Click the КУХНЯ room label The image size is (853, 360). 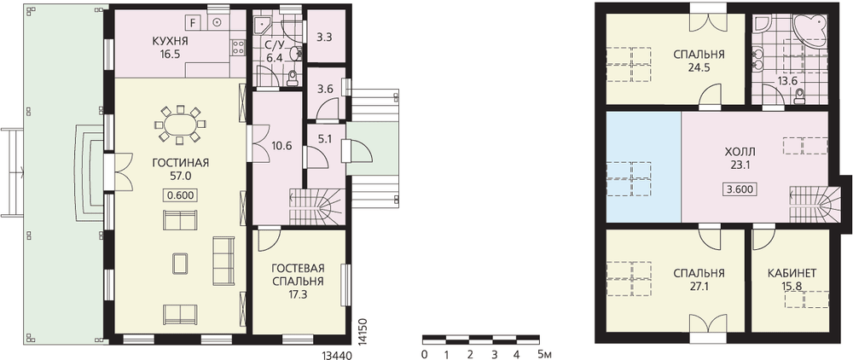(171, 41)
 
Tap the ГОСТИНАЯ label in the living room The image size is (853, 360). (181, 163)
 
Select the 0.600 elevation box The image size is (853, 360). (180, 195)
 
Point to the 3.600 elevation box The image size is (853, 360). (740, 189)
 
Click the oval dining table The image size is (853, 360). (180, 125)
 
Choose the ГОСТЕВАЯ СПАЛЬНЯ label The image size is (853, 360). (298, 276)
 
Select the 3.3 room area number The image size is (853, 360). (325, 38)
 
